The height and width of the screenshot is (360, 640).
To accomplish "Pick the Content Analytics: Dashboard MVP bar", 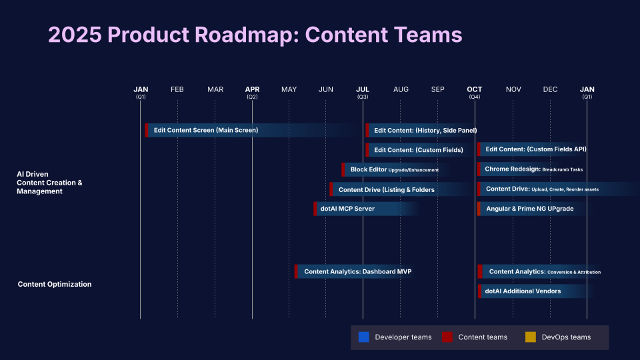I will [x=353, y=271].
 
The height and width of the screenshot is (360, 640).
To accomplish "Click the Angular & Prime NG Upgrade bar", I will [x=529, y=209].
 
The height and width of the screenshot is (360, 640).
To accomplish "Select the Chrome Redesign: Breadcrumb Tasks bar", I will [x=533, y=169].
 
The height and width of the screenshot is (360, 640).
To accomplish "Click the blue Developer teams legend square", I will [x=363, y=337].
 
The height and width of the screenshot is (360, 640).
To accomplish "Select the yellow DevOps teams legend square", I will [x=531, y=337].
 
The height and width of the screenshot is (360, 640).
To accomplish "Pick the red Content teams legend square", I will [x=447, y=337].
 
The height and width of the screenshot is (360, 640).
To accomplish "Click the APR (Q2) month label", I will [x=252, y=92].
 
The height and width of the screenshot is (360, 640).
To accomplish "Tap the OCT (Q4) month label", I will [x=475, y=92].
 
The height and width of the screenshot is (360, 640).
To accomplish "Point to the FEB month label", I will [x=177, y=89].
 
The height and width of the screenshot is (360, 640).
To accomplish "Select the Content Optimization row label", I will [x=54, y=284].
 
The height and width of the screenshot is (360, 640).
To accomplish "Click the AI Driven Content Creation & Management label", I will [x=49, y=183].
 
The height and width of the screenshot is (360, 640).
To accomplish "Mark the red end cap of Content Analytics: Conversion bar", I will [x=479, y=271].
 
